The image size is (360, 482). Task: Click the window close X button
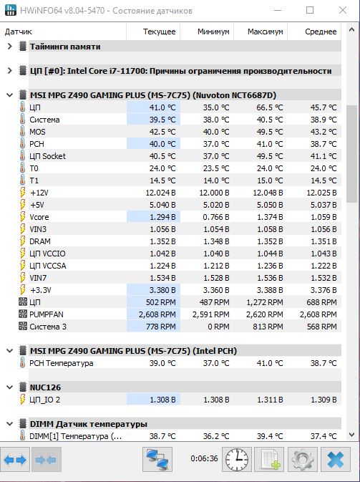(343, 10)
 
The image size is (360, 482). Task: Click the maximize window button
(310, 10)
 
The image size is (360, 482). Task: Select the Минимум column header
(213, 32)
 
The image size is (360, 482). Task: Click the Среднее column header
(321, 32)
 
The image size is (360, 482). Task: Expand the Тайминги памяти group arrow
(9, 47)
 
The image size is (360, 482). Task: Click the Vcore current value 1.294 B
(162, 217)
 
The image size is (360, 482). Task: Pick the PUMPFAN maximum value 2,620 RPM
(265, 314)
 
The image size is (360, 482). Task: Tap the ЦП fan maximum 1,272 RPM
(265, 302)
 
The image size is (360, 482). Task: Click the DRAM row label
(40, 241)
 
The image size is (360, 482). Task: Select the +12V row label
(39, 193)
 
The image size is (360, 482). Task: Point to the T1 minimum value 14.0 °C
(216, 180)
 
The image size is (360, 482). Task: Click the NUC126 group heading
(45, 387)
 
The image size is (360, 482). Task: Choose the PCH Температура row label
(61, 363)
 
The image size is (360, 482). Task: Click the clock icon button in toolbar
(237, 460)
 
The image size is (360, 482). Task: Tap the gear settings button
(303, 460)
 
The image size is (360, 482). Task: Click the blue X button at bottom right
(336, 460)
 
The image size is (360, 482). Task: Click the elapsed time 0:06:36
(204, 458)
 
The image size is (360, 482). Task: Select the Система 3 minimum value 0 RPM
(218, 327)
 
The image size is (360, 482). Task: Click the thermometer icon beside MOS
(22, 132)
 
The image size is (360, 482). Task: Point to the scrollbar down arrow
(351, 434)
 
